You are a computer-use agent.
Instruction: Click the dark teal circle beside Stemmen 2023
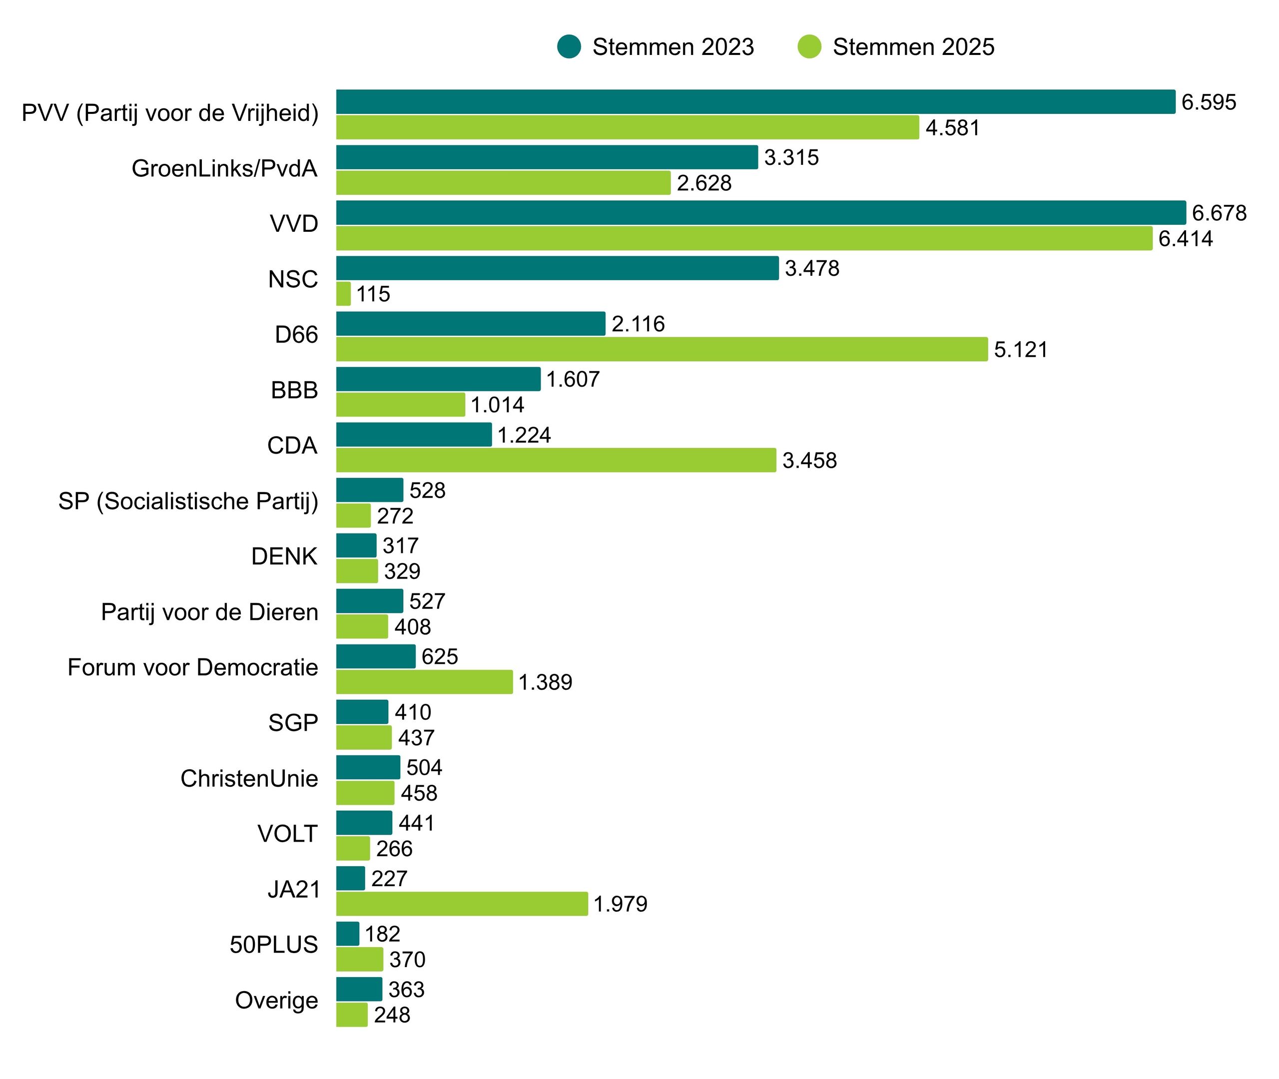tap(569, 47)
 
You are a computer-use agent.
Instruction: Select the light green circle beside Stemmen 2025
tap(809, 47)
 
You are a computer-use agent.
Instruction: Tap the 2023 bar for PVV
tap(755, 101)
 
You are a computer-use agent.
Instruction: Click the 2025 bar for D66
tap(662, 349)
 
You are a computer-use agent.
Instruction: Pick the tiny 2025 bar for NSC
tap(343, 294)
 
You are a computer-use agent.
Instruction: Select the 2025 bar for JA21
tap(462, 904)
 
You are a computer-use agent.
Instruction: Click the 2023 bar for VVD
tap(760, 212)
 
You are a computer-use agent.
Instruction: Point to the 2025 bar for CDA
tap(556, 460)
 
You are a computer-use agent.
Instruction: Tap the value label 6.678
tap(1219, 213)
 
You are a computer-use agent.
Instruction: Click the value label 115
tap(373, 294)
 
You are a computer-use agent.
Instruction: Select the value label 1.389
tap(545, 682)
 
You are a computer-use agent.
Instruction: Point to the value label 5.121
tap(1020, 350)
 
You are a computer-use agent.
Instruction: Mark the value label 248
tap(392, 1015)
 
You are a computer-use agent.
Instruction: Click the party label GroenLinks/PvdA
tap(224, 168)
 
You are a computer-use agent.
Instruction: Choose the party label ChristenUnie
tap(249, 778)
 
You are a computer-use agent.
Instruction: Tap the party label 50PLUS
tap(273, 945)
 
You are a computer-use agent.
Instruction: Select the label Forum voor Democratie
tap(193, 667)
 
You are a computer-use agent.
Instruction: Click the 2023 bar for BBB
tap(438, 379)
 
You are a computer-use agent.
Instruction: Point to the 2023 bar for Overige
tap(359, 989)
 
